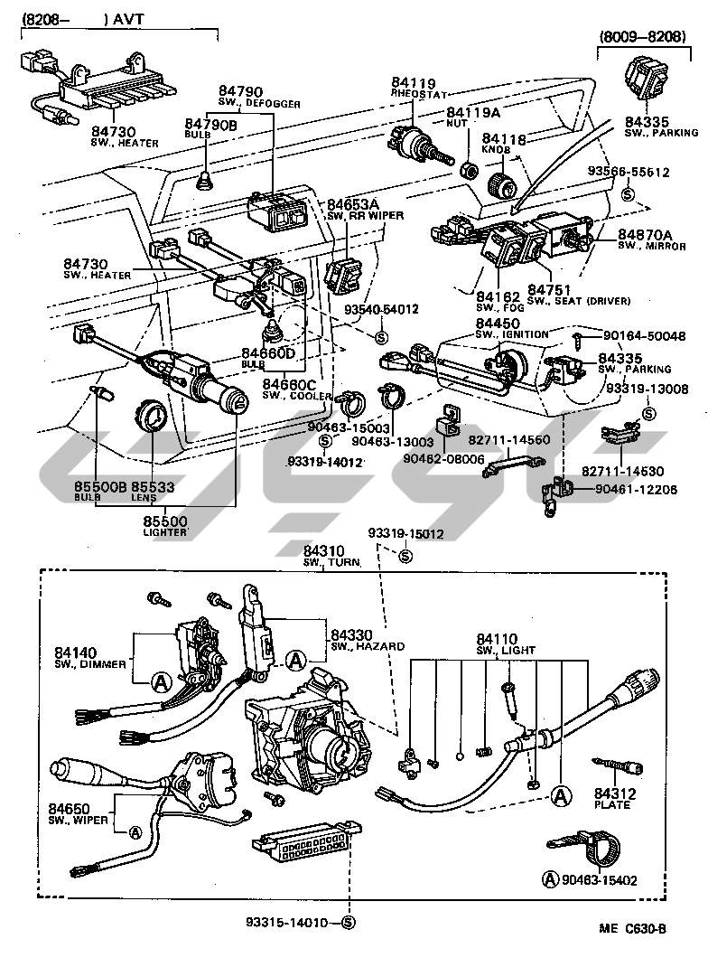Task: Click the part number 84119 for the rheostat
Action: (x=410, y=81)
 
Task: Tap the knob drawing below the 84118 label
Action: (x=501, y=185)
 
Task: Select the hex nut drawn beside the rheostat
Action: (x=468, y=168)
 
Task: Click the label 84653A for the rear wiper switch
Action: (x=353, y=204)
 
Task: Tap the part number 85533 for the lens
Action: (x=151, y=486)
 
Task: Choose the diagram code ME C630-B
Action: (x=631, y=928)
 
